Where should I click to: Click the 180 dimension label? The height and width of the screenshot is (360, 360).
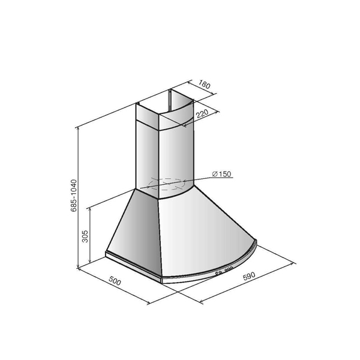pos(204,84)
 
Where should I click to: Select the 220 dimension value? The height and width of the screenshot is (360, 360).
pos(202,113)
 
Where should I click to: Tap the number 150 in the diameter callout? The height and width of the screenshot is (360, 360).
pos(224,174)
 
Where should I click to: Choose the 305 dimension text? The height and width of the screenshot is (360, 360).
pos(85,236)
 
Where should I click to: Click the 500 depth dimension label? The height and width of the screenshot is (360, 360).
pos(115,281)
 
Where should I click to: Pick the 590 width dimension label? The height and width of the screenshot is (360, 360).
pos(249,276)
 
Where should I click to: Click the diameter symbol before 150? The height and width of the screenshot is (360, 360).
pos(215,174)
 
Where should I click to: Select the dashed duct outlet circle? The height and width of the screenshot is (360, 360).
pos(166,184)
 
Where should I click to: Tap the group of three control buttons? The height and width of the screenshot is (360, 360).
pos(229,269)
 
